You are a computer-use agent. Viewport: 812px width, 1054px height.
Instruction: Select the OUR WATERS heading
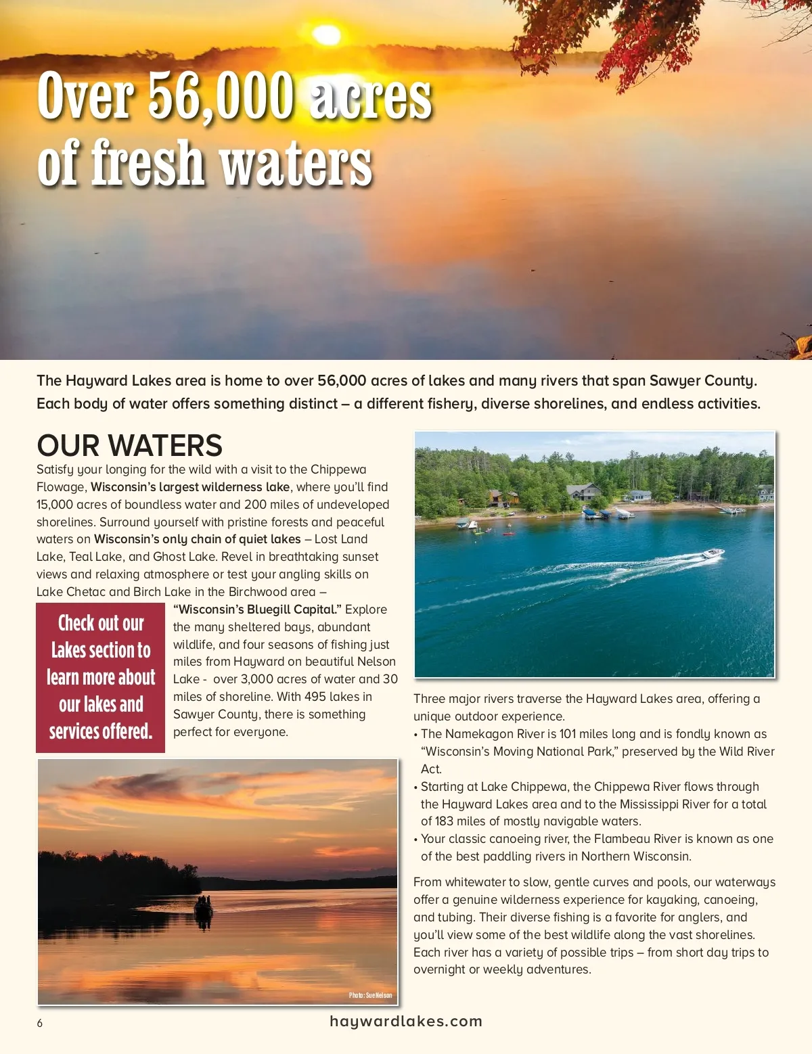pyautogui.click(x=129, y=445)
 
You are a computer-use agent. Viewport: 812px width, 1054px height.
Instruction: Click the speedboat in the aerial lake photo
pyautogui.click(x=713, y=554)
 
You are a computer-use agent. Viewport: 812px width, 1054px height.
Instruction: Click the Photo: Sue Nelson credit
pyautogui.click(x=370, y=995)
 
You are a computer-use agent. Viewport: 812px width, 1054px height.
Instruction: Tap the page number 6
pyautogui.click(x=40, y=1023)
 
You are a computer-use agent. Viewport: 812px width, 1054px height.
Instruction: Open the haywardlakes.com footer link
pyautogui.click(x=406, y=1022)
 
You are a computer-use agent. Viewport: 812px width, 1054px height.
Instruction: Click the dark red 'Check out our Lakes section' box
pyautogui.click(x=100, y=677)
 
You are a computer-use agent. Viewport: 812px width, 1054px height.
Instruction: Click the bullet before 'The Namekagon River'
pyautogui.click(x=415, y=734)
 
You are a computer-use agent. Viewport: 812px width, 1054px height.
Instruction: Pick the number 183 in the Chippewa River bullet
pyautogui.click(x=443, y=821)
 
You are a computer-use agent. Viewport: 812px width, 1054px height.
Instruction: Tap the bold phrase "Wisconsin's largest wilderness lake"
pyautogui.click(x=190, y=487)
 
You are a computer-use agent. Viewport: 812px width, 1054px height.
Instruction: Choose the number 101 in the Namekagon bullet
pyautogui.click(x=567, y=734)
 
